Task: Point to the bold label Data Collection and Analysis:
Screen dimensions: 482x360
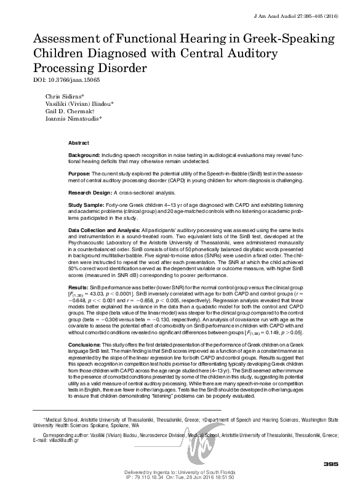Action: [x=113, y=229]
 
